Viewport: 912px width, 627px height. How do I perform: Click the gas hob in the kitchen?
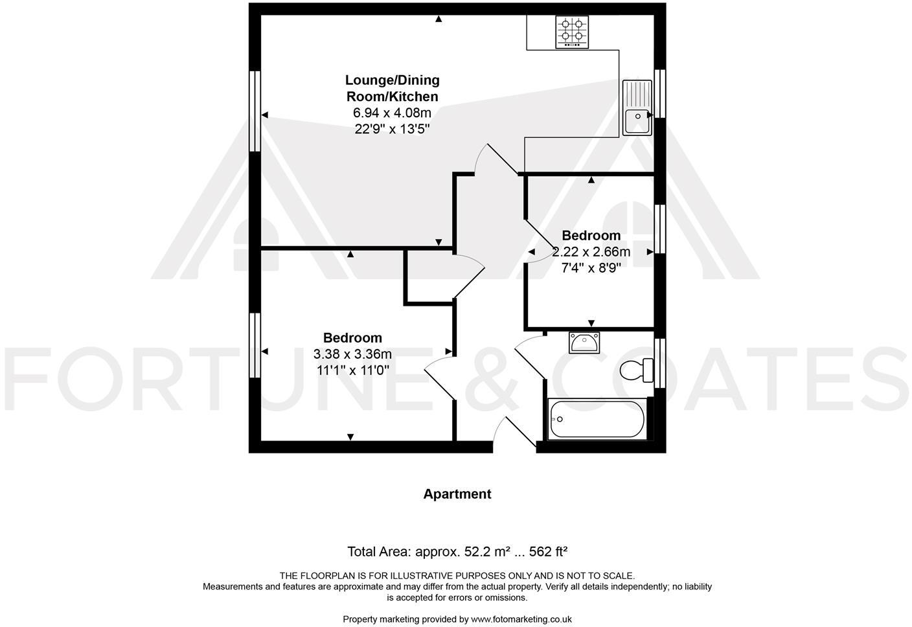point(572,32)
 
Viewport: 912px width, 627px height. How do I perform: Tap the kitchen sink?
point(637,108)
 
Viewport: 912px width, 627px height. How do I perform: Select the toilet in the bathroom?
point(636,370)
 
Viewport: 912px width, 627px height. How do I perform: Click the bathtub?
point(597,418)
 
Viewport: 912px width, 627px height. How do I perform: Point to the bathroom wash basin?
point(585,342)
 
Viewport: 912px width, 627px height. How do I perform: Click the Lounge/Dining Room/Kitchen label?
point(392,88)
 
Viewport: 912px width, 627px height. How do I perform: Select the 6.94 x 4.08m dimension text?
point(392,113)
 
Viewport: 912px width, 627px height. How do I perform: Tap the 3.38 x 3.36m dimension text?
point(352,354)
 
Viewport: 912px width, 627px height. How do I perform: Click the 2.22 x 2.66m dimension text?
point(591,252)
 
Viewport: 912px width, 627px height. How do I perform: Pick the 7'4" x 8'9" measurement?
point(591,268)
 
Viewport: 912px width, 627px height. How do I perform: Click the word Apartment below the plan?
point(457,494)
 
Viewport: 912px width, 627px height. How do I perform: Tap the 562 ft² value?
point(548,552)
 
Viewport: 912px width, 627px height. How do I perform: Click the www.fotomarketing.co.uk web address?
point(521,619)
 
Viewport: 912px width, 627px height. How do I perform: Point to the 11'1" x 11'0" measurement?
point(352,370)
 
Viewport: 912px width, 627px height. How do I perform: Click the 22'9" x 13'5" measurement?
point(392,129)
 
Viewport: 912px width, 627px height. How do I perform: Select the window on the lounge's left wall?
point(255,111)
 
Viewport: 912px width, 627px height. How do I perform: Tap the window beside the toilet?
point(659,363)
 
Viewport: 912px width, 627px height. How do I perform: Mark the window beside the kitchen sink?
point(659,93)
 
